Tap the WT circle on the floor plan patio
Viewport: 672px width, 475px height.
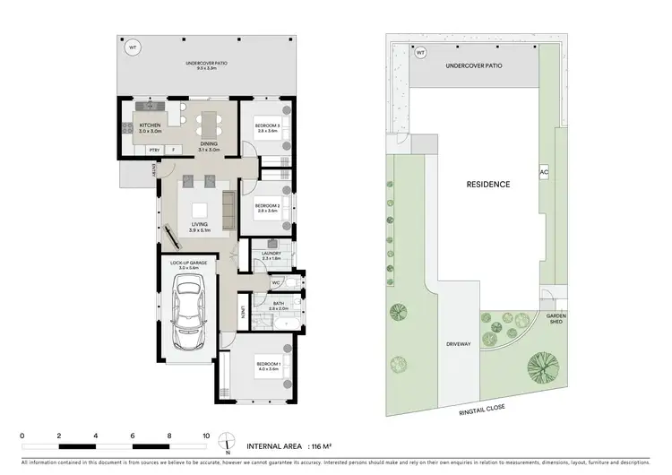[134, 47]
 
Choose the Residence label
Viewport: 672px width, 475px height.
[488, 185]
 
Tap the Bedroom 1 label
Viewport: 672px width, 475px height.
[268, 365]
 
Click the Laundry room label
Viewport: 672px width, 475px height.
[272, 255]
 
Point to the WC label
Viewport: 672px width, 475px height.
[276, 281]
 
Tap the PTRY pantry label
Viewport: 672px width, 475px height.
[154, 150]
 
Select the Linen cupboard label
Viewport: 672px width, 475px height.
[244, 314]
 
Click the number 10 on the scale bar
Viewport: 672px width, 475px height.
[206, 436]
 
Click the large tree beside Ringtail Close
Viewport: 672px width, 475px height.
[539, 367]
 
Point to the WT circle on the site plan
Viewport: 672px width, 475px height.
[420, 53]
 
